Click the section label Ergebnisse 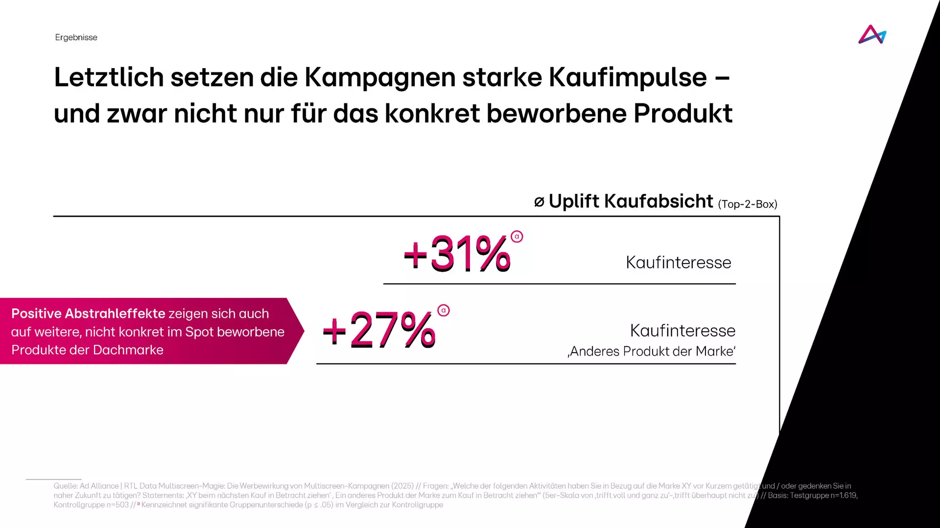[x=76, y=38]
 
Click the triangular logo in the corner [x=872, y=35]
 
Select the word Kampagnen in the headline [x=380, y=77]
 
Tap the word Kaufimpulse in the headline [x=628, y=77]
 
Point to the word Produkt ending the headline [x=683, y=114]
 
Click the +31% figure [x=457, y=254]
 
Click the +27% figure [x=379, y=331]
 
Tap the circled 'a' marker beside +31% [x=517, y=237]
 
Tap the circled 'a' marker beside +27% [x=444, y=311]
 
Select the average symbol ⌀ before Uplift [x=539, y=202]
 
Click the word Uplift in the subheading [x=574, y=201]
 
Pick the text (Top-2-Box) [x=748, y=204]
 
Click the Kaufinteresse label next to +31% [x=678, y=263]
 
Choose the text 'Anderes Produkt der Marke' [x=652, y=351]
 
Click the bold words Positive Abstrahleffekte [x=88, y=313]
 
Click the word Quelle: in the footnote [x=66, y=486]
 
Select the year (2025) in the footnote [x=402, y=486]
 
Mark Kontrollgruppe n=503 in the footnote [x=91, y=505]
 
